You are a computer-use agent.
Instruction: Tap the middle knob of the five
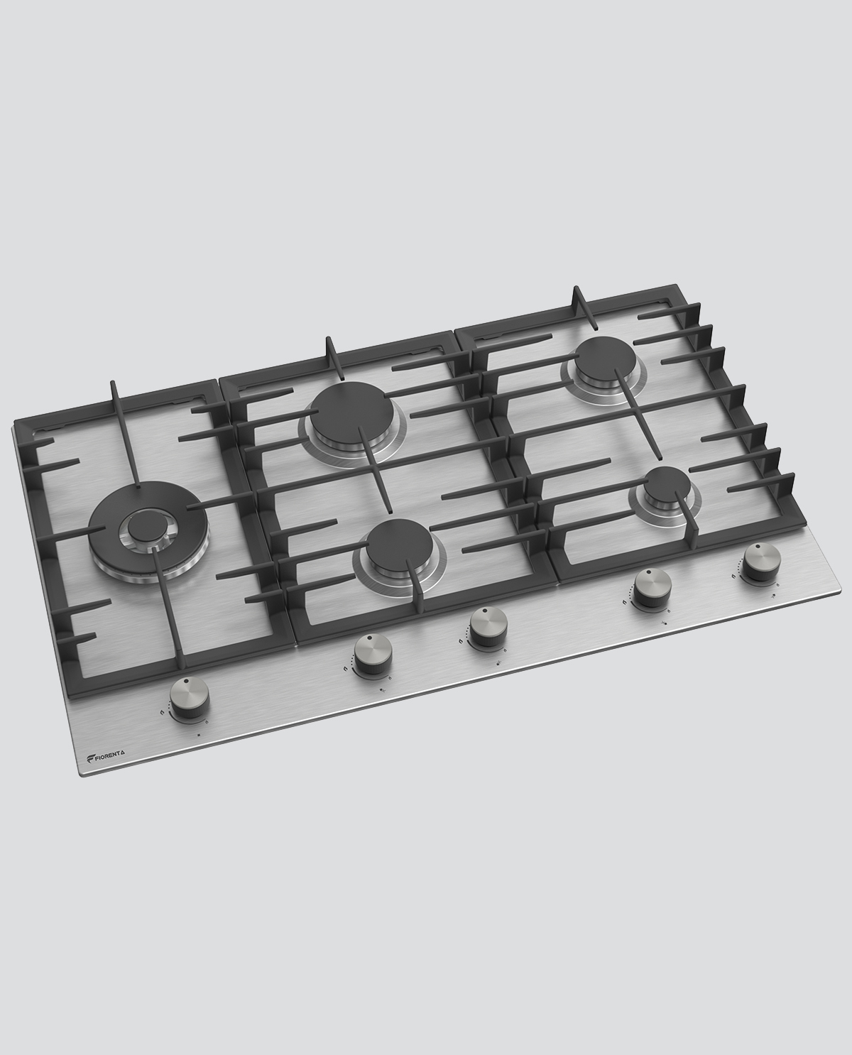[x=489, y=628]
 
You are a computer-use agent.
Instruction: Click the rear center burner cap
[x=351, y=412]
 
